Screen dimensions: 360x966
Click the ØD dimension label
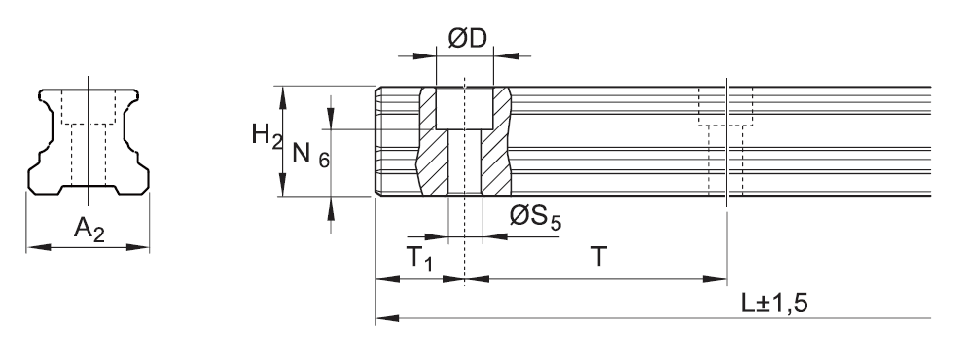click(467, 38)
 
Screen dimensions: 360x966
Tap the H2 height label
click(261, 136)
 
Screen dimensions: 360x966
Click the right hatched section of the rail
click(499, 146)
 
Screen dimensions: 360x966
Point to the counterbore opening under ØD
click(464, 107)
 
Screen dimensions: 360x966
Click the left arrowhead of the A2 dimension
click(31, 247)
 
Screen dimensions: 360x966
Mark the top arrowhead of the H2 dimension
click(283, 90)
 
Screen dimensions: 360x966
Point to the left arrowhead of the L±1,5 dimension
click(380, 317)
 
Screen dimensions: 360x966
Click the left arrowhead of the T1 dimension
click(380, 279)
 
